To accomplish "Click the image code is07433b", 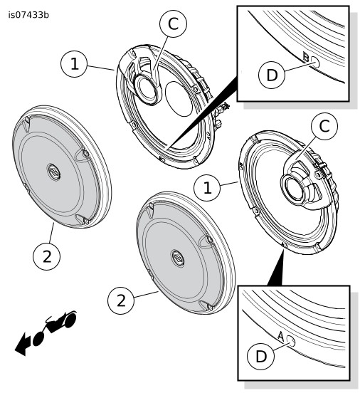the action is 28,15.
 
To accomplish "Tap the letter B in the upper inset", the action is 306,56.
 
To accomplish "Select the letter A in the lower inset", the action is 281,337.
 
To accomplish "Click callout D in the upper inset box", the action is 272,75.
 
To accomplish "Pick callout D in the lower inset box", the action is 260,356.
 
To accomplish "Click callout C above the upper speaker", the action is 173,23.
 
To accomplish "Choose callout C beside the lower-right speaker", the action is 324,126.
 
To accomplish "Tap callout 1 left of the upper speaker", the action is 75,64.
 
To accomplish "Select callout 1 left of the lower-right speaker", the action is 207,188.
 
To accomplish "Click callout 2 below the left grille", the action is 46,256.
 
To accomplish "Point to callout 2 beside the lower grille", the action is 121,300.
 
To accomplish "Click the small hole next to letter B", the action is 315,61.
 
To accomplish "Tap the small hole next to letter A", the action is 290,341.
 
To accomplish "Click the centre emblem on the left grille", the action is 53,172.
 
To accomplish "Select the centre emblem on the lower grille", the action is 177,258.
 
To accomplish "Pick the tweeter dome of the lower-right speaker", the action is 293,187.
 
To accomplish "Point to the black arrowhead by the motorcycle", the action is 23,345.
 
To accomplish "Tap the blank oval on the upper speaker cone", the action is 179,98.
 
